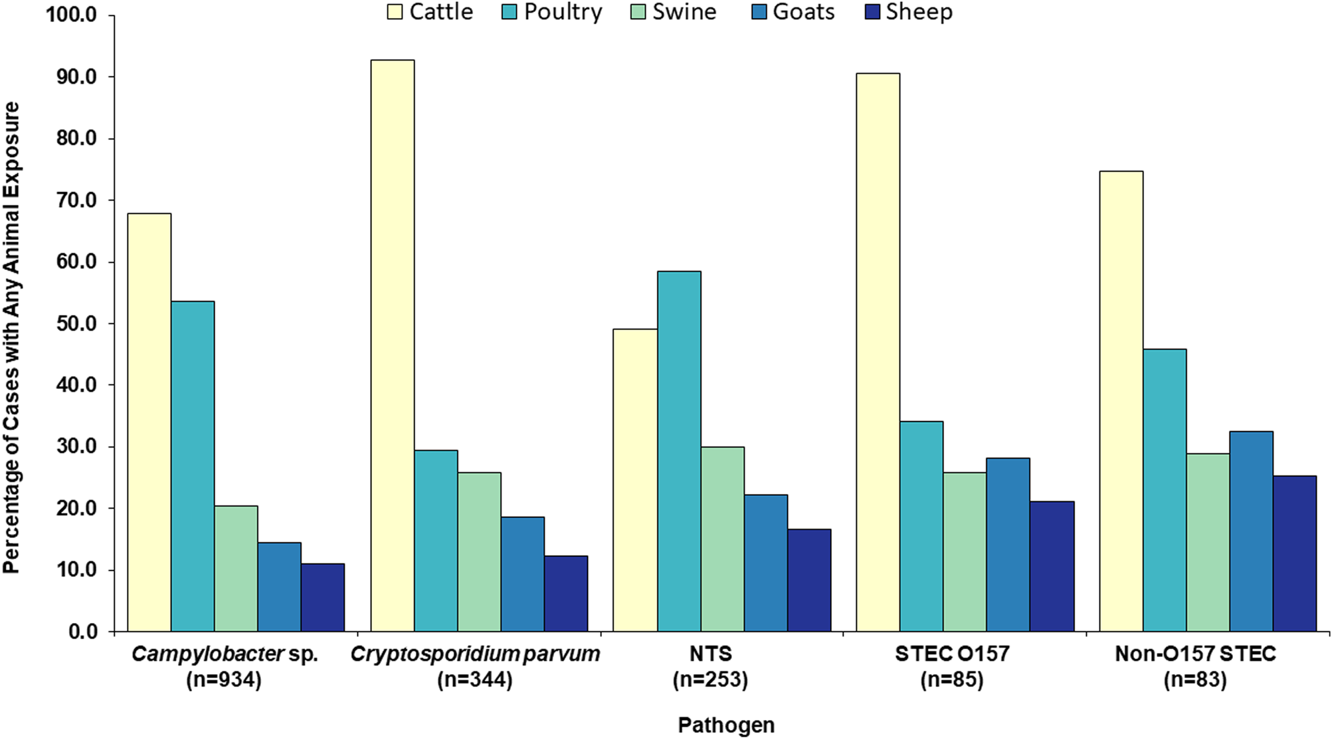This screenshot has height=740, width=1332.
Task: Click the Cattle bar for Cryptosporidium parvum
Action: click(392, 346)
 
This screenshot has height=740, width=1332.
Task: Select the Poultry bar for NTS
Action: click(679, 451)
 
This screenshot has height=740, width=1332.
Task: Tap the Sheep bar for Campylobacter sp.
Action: click(322, 598)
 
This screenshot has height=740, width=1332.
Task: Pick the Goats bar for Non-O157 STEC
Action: click(1251, 531)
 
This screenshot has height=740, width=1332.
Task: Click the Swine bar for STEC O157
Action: click(965, 552)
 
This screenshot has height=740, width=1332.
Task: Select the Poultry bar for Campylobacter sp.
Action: click(193, 466)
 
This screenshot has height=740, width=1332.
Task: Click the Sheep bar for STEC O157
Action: click(1052, 566)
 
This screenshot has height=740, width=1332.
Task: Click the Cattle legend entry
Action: click(430, 12)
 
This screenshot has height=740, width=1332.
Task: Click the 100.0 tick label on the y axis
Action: click(72, 15)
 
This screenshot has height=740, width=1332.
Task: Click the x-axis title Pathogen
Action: click(725, 725)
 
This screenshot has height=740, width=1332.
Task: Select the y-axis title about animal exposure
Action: click(11, 337)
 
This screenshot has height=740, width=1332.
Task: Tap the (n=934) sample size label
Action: click(225, 680)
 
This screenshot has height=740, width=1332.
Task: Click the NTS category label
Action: click(710, 654)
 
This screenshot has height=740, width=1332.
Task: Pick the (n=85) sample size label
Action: click(951, 680)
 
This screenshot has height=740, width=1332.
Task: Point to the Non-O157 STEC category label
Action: click(1195, 654)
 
